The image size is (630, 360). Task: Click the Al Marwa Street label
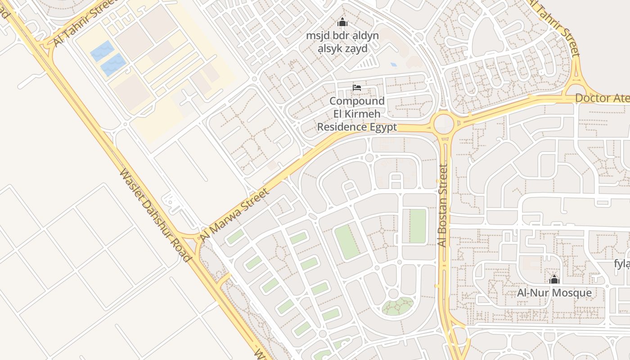pyautogui.click(x=234, y=214)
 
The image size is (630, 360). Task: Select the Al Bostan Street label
pyautogui.click(x=443, y=206)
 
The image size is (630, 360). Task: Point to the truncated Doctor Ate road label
pyautogui.click(x=602, y=98)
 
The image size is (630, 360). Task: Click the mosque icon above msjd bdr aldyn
pyautogui.click(x=343, y=22)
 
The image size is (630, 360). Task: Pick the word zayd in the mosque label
pyautogui.click(x=355, y=49)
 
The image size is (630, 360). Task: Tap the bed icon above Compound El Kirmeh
pyautogui.click(x=357, y=87)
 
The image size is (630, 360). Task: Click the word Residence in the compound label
pyautogui.click(x=342, y=127)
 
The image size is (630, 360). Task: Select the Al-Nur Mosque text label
pyautogui.click(x=554, y=293)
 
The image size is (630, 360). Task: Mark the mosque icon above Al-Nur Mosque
pyautogui.click(x=554, y=279)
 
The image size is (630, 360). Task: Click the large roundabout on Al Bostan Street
pyautogui.click(x=444, y=123)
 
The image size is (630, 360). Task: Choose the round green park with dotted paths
pyautogui.click(x=397, y=306)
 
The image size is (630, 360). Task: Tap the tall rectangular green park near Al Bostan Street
pyautogui.click(x=417, y=226)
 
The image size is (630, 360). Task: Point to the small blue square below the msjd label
pyautogui.click(x=394, y=65)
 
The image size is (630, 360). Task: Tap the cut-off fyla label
pyautogui.click(x=622, y=264)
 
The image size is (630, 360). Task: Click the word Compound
pyautogui.click(x=357, y=101)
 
